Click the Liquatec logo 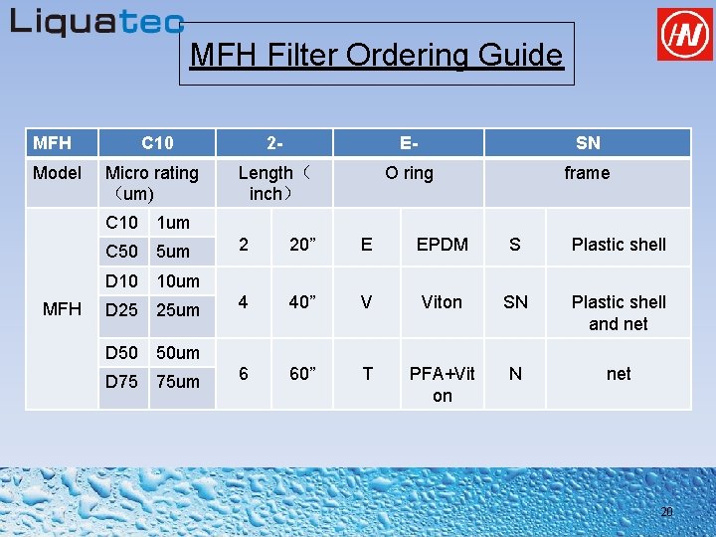(96, 22)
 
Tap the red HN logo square (685, 35)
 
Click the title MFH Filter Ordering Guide (376, 55)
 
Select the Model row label (58, 173)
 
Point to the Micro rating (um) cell (152, 183)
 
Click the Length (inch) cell (273, 183)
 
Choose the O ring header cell (409, 173)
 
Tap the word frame (587, 173)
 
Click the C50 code (121, 252)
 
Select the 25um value (179, 310)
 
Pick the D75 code (121, 381)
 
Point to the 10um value (179, 281)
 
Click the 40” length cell (302, 302)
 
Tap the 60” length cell (302, 374)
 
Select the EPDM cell (442, 245)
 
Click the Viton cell (442, 302)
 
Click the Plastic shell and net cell (619, 313)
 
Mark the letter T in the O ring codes (367, 374)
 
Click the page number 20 (667, 512)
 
